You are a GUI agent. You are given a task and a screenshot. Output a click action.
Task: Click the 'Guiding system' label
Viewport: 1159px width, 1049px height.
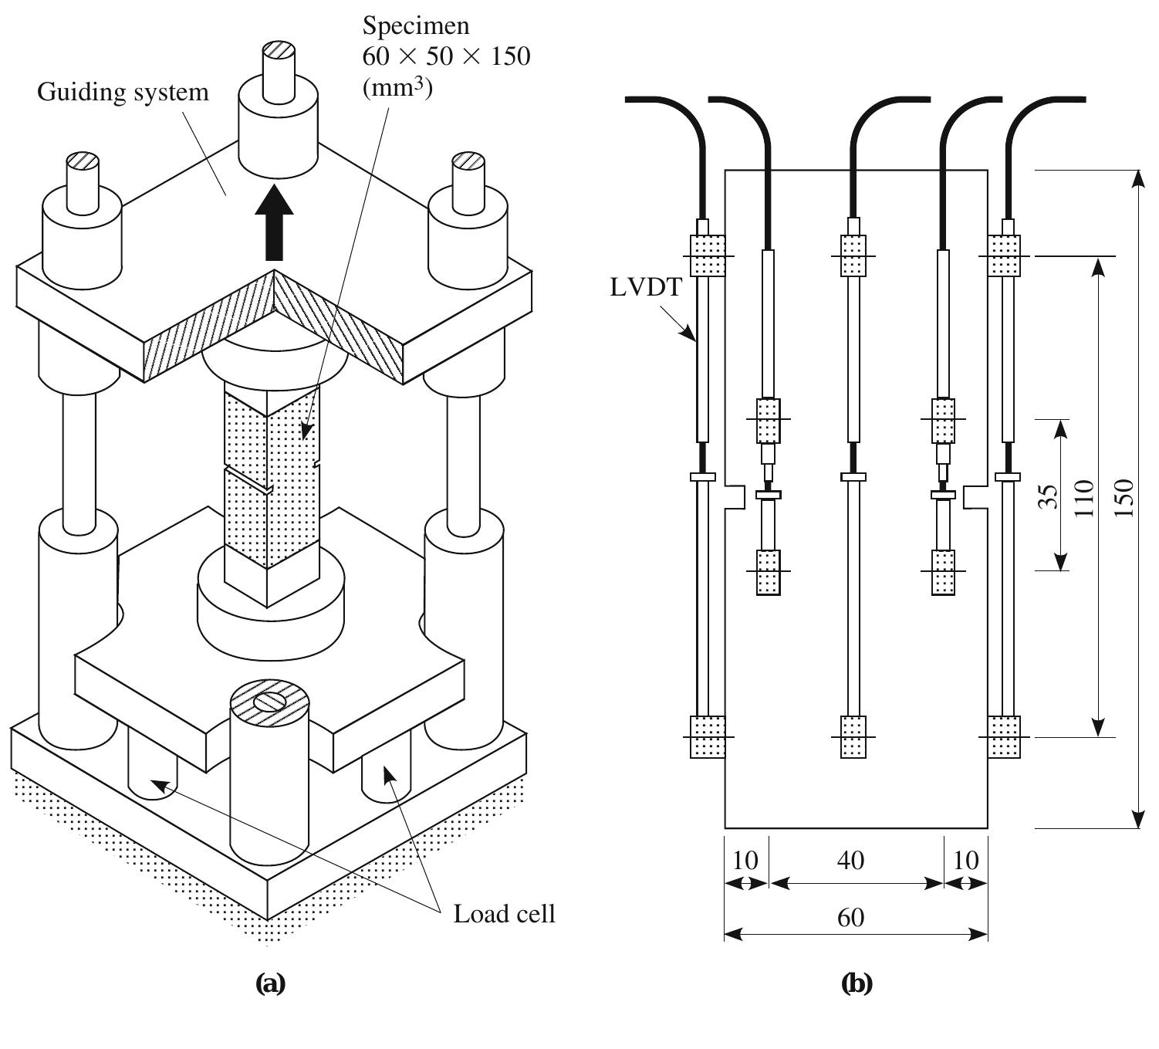click(123, 93)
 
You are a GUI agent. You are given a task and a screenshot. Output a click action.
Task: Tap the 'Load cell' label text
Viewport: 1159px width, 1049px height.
click(504, 914)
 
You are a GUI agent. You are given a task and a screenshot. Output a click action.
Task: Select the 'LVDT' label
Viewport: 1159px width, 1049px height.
click(646, 287)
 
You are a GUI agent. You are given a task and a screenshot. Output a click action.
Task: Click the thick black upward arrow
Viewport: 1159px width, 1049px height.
click(275, 223)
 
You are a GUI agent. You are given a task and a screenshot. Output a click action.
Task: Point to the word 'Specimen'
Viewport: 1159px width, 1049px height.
click(416, 25)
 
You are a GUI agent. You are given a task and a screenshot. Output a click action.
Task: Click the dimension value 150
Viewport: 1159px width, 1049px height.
click(1124, 499)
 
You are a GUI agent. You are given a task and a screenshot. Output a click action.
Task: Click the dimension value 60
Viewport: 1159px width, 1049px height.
click(851, 917)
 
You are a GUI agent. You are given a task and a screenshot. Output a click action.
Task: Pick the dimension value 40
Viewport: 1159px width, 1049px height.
click(851, 860)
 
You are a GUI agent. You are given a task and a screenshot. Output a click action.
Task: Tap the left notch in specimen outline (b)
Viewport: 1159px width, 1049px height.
click(734, 496)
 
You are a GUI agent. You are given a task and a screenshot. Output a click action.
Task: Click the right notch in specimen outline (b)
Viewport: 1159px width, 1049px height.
click(977, 496)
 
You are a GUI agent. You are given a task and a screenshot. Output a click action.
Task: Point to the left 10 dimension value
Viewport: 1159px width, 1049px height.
click(745, 860)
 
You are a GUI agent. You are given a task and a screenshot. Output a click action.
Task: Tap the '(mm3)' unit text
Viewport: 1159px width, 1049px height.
click(397, 87)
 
